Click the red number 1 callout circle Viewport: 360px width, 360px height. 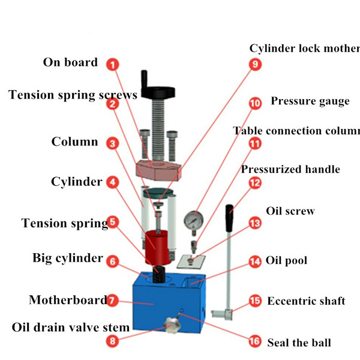point(112,64)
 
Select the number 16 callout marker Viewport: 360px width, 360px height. point(255,341)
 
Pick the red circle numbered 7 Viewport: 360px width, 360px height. point(112,301)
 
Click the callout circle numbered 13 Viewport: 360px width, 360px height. point(256,223)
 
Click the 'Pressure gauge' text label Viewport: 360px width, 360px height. point(310,101)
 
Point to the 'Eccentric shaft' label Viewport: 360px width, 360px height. point(306,301)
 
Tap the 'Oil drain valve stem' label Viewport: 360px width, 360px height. point(71,328)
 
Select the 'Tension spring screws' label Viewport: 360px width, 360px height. point(73,95)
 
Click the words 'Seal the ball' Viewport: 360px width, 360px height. point(299,343)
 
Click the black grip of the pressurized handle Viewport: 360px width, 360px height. point(230,217)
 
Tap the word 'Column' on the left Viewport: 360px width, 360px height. point(74,142)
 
